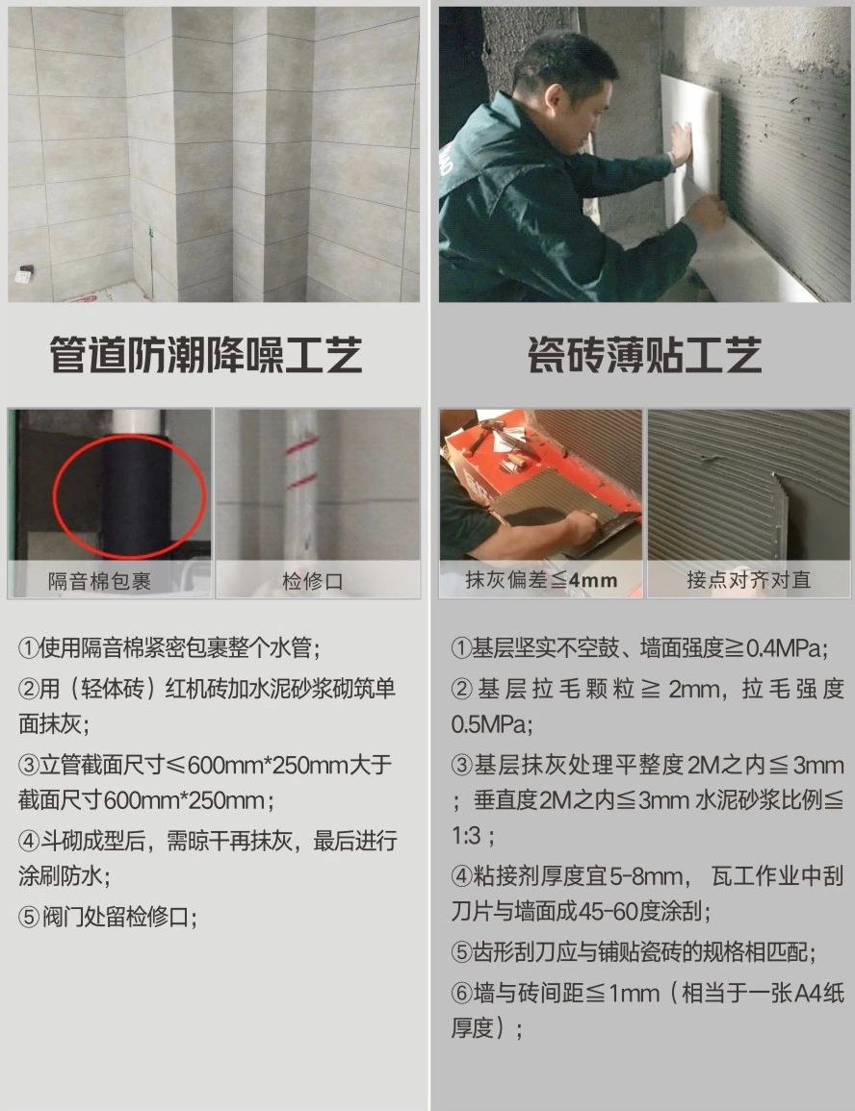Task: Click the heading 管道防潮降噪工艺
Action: click(206, 355)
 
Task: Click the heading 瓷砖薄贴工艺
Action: click(645, 355)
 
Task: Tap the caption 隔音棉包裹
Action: click(99, 582)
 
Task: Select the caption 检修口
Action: click(313, 582)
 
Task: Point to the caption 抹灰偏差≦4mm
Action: click(541, 580)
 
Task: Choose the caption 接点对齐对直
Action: click(749, 580)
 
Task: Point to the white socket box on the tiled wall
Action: click(24, 274)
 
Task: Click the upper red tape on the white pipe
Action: click(302, 445)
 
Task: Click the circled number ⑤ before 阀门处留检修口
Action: click(29, 918)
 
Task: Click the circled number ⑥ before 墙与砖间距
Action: click(462, 993)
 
